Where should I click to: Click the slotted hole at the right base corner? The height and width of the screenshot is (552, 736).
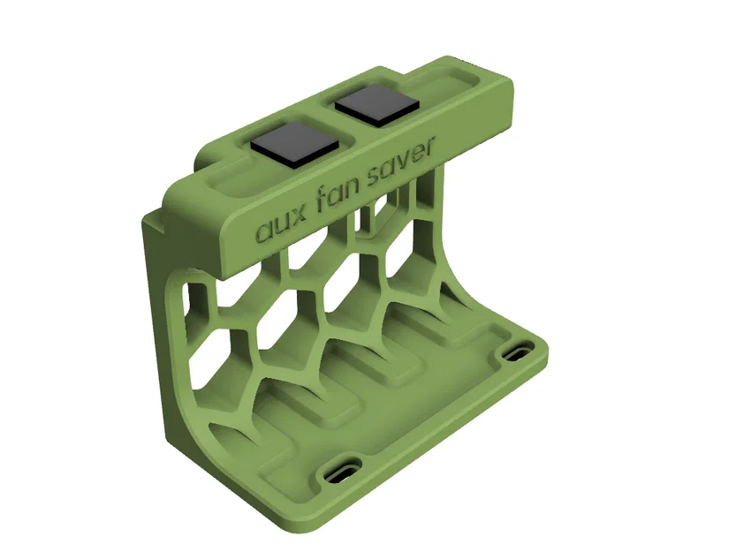[515, 352]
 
